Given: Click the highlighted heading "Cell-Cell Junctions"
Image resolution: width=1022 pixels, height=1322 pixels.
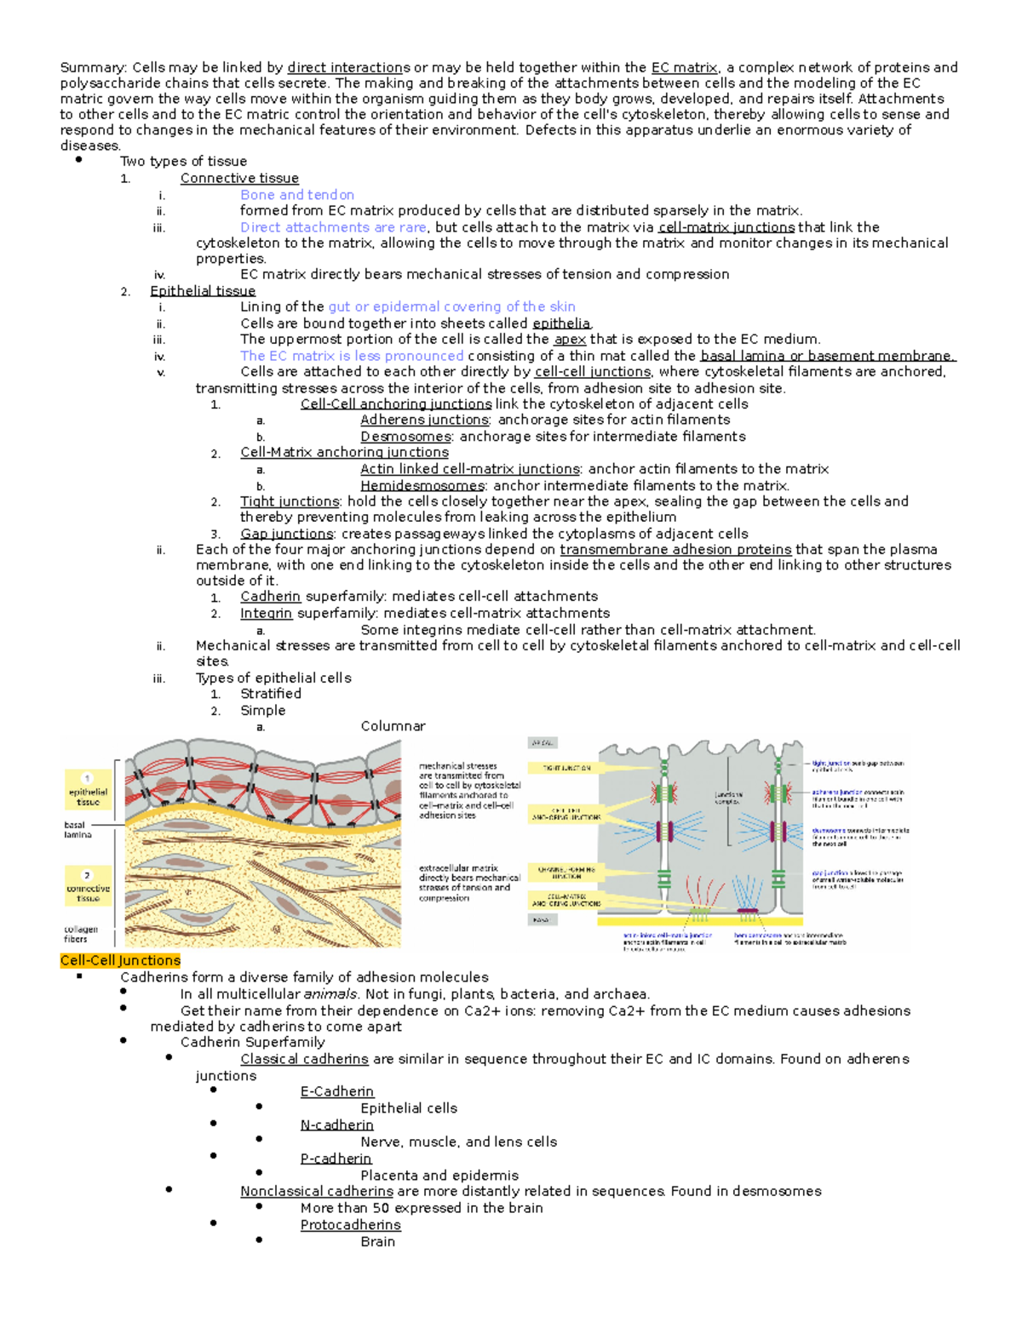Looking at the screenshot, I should pos(120,960).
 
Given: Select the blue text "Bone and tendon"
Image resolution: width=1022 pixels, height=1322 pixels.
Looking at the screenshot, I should pos(296,195).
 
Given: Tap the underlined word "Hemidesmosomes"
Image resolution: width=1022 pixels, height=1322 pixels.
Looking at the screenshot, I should pos(422,485).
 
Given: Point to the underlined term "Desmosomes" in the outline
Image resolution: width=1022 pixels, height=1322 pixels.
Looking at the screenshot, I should pos(405,437).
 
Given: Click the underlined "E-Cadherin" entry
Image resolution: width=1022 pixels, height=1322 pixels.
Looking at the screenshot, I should pos(336,1091).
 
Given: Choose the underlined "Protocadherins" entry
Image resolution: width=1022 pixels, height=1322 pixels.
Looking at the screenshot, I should pos(350,1225).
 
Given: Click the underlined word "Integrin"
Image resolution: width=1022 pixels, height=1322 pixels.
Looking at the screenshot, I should pos(266,613).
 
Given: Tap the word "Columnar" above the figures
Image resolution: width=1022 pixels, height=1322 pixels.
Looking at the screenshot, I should pos(393,726).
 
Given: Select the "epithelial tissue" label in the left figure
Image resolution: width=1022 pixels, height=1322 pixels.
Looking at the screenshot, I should pos(88,796).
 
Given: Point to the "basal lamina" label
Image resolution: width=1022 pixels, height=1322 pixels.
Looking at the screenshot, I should pos(78,830).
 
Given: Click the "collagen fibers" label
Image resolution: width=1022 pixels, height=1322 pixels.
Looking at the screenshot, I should pos(80,934).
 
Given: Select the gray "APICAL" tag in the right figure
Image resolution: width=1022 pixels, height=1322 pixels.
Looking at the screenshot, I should pos(543,743).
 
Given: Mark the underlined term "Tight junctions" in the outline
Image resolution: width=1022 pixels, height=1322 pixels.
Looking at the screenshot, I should pos(290,501).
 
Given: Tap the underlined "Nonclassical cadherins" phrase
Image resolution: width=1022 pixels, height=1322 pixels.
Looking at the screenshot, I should pos(316,1191).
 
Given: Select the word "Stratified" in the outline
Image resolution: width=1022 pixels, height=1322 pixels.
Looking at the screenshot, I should pos(270,694).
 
